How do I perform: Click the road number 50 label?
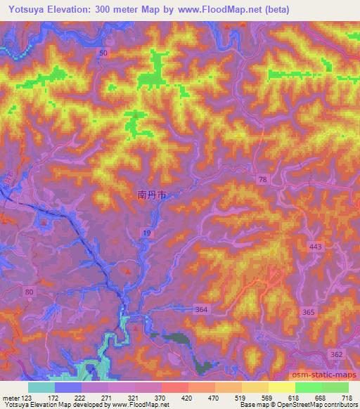[103, 53]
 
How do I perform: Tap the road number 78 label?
[262, 181]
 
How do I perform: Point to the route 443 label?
[316, 247]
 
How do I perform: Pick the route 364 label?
[202, 309]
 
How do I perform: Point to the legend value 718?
[347, 398]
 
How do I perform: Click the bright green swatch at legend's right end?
[335, 387]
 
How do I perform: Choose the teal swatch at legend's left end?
[41, 387]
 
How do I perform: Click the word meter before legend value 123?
[12, 398]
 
